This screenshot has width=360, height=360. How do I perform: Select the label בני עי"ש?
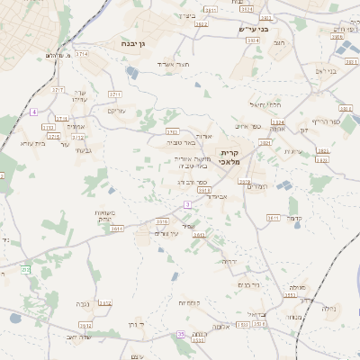coord(254,29)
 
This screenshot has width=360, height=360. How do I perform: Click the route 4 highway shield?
coord(33,112)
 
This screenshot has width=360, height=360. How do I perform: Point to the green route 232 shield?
coord(26,269)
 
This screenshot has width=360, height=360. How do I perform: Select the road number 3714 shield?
coord(82,54)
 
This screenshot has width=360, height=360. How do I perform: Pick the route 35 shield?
coord(181,334)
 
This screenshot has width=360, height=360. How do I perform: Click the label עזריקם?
coord(117,110)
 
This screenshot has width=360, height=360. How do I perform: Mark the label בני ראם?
coord(326,70)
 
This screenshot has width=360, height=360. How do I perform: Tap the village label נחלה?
coord(329,308)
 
